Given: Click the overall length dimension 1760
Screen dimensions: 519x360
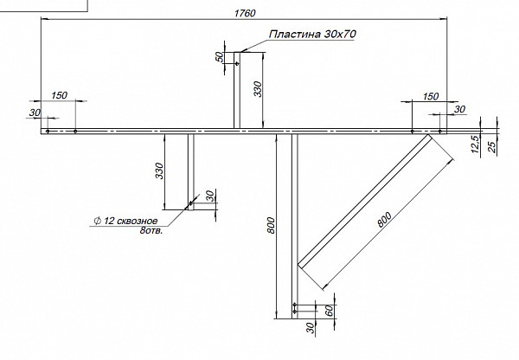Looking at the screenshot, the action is tap(245, 13).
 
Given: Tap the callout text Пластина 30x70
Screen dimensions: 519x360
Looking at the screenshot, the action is tap(312, 34).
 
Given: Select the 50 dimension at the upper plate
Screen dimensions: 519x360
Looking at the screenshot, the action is tap(219, 57).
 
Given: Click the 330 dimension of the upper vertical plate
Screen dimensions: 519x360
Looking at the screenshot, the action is tap(258, 89).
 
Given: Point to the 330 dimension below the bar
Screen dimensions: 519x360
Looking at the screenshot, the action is tap(159, 170).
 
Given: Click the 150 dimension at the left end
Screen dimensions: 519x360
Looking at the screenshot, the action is tap(59, 95).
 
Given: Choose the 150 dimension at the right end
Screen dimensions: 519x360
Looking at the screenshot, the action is tap(431, 97).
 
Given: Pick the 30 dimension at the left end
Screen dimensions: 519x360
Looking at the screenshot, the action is tap(35, 112).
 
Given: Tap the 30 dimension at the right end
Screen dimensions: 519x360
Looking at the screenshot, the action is tap(459, 109).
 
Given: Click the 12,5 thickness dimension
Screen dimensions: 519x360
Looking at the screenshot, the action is tap(475, 144).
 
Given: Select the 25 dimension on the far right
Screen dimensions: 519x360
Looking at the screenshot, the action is tap(492, 147).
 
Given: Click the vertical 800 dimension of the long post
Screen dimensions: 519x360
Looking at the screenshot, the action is tap(271, 225).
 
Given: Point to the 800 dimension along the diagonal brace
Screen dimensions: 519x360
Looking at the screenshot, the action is tap(384, 219).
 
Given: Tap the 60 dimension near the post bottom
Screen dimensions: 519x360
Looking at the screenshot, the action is tap(330, 311).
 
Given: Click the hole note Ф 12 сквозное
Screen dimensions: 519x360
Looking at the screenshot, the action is tap(125, 221).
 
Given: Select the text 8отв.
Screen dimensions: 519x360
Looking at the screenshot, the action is tap(151, 230).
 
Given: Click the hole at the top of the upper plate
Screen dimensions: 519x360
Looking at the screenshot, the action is tap(237, 63).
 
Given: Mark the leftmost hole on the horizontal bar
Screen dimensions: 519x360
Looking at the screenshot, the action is tap(48, 132).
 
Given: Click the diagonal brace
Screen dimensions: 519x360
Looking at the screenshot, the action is tap(365, 202).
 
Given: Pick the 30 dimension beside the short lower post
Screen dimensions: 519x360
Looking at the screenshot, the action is tap(210, 196).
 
